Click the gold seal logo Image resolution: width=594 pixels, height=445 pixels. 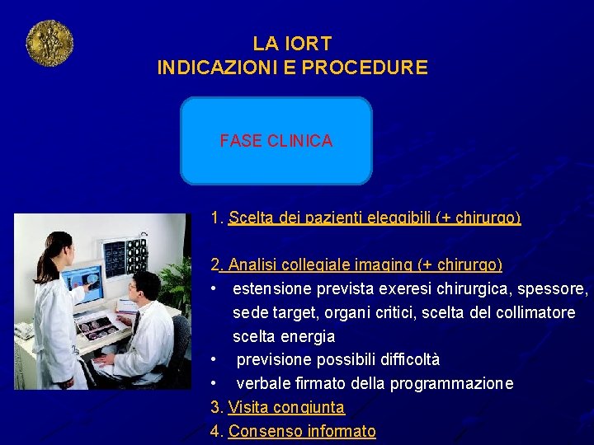(x=49, y=44)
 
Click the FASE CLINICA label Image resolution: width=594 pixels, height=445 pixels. (x=276, y=141)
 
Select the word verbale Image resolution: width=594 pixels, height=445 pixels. (x=264, y=384)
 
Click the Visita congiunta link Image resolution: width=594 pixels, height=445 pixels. (x=286, y=407)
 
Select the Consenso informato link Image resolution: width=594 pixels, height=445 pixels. (x=302, y=431)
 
